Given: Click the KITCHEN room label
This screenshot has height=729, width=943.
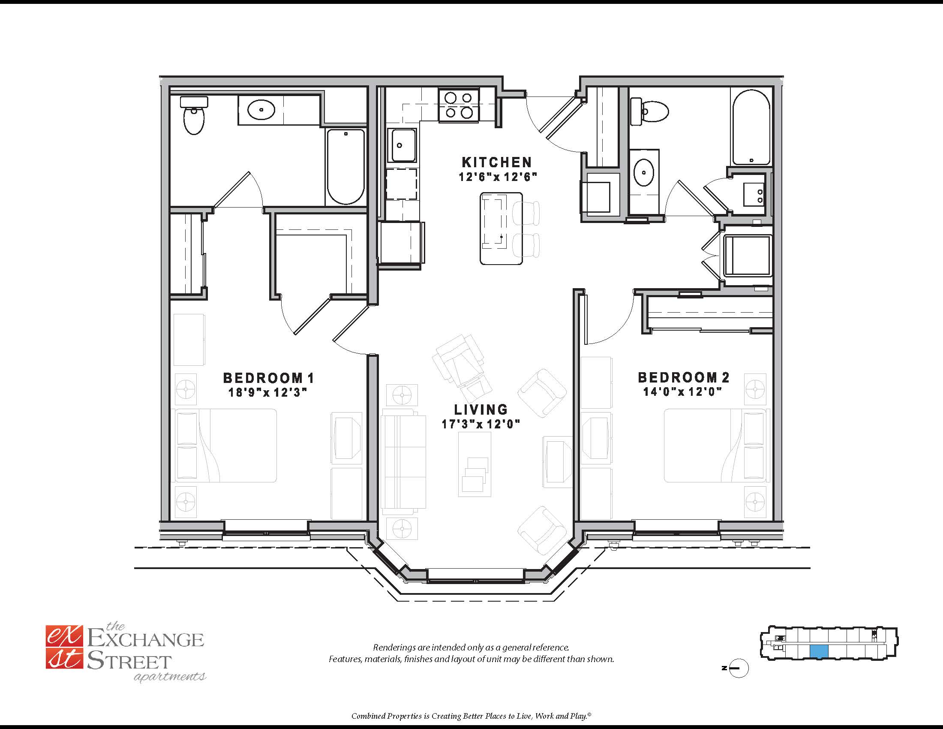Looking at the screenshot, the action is (x=496, y=163).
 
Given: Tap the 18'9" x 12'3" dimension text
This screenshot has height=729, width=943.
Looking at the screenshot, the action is (x=267, y=392).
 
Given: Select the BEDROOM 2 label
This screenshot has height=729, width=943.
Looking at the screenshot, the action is (x=684, y=377).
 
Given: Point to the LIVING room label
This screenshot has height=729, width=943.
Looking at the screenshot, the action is (x=481, y=410).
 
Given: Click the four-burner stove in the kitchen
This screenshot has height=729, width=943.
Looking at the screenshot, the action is (x=459, y=105).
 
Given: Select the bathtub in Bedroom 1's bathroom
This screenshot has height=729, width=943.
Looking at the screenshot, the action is (x=346, y=167).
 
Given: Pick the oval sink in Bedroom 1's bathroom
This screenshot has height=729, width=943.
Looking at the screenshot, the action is (x=261, y=110).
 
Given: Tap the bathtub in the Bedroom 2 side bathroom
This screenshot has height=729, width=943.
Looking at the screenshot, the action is (x=751, y=127).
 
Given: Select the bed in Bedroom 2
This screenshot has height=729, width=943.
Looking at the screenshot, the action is (x=716, y=445).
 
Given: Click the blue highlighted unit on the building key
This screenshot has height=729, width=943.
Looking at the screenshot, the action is (x=819, y=652).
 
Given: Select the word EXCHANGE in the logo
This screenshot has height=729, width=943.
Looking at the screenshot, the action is (x=145, y=639).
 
